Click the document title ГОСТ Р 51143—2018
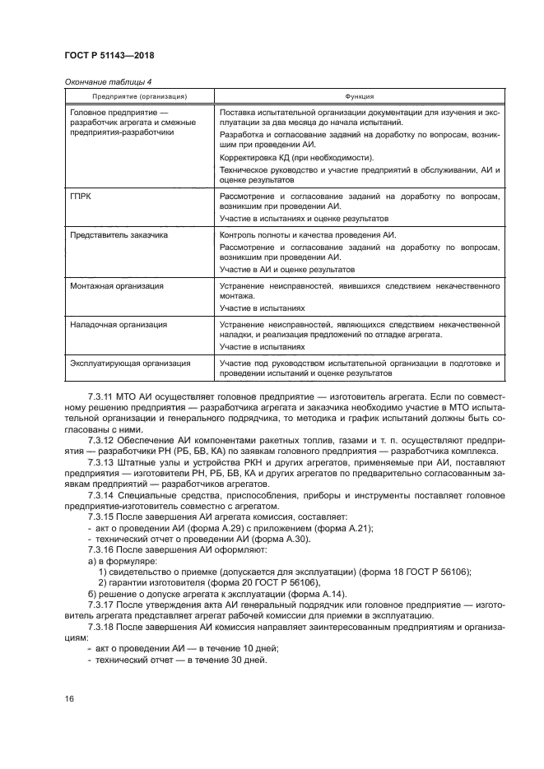109,55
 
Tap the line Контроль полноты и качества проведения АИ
308,235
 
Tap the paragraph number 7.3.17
103,605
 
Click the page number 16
68,698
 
